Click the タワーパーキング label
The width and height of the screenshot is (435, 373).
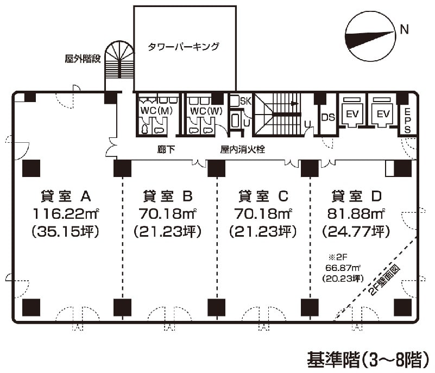coord(184,47)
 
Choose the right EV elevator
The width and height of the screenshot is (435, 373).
coord(384,113)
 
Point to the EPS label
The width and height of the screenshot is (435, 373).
coord(408,120)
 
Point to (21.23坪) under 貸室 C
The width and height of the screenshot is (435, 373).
coord(263,232)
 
